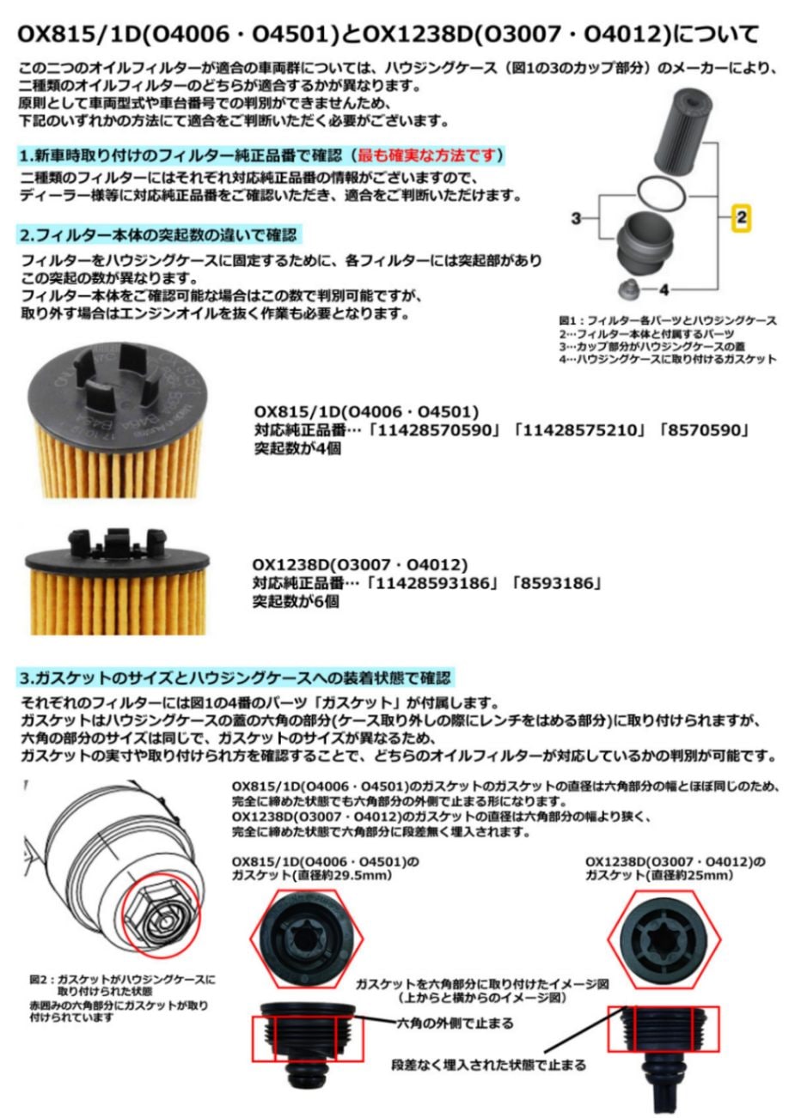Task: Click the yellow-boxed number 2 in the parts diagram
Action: point(741,218)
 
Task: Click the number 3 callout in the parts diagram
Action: point(578,218)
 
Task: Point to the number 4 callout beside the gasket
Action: point(664,289)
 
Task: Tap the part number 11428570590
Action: point(437,429)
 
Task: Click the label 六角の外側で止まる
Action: point(455,1023)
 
